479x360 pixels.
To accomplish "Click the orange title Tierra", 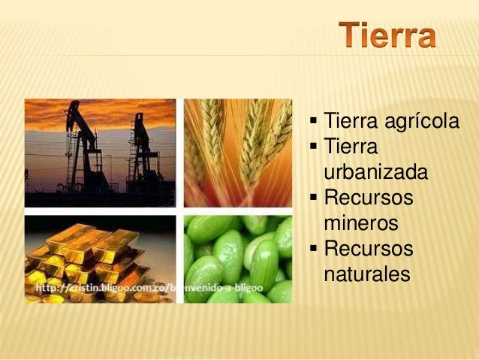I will [x=387, y=36].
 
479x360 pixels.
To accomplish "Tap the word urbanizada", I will [x=375, y=173].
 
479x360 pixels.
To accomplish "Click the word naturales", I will [x=367, y=274].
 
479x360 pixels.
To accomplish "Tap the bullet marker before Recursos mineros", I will [x=313, y=198].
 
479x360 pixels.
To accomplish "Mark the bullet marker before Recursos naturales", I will [x=313, y=249].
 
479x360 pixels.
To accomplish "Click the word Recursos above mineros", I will [x=368, y=198].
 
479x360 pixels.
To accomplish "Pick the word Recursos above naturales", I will [x=368, y=248].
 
